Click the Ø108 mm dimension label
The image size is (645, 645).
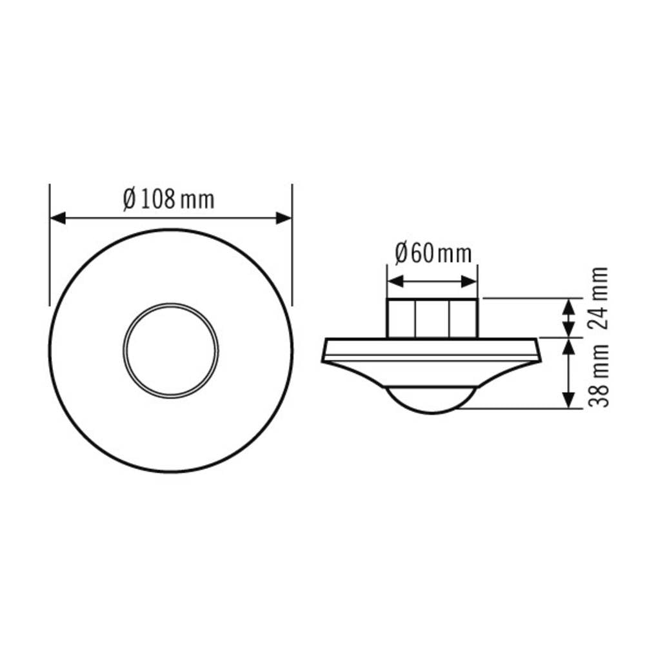168,199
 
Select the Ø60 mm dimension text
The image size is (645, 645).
433,253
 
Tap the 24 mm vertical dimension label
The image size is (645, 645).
600,298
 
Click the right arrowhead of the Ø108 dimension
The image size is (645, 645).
284,218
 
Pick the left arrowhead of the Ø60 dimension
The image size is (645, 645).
394,282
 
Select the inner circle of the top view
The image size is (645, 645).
171,350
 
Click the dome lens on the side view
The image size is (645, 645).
430,400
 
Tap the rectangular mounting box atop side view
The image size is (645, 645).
432,317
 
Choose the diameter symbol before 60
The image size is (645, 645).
400,253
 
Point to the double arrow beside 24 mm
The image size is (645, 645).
568,317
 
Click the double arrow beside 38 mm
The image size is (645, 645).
568,373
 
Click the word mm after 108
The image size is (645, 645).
197,200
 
